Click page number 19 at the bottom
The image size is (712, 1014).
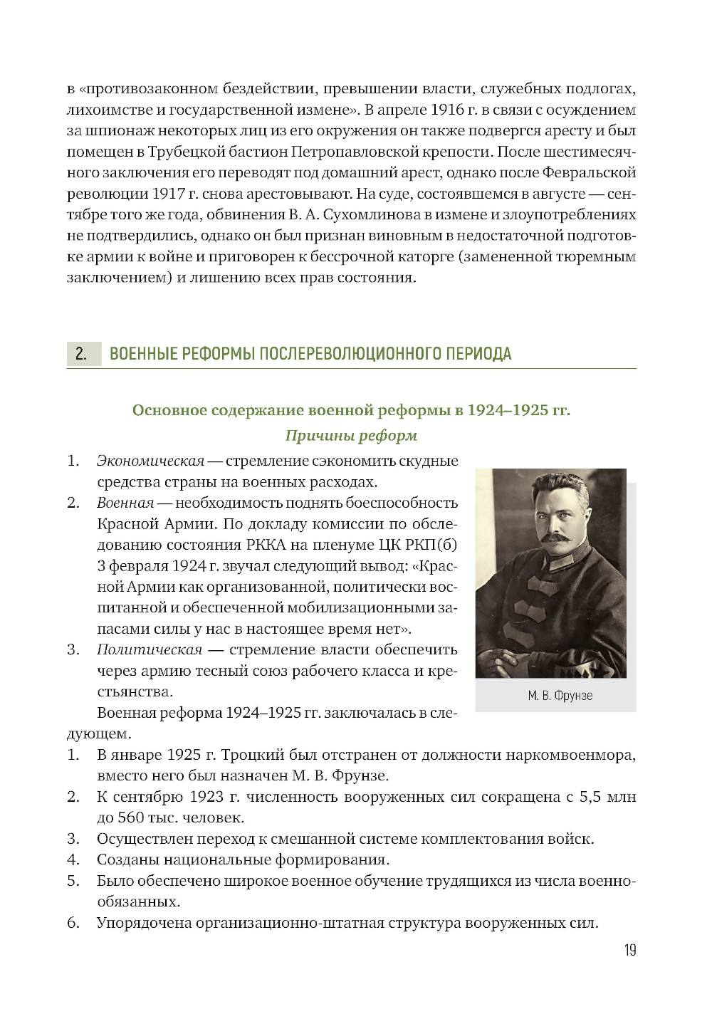629,950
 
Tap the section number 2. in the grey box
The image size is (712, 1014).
81,354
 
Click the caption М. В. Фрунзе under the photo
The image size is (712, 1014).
560,696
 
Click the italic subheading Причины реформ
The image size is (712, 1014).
351,436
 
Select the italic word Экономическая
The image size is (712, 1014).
150,461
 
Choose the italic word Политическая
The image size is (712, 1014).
150,650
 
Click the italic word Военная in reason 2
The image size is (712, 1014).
125,503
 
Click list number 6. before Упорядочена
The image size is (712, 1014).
73,924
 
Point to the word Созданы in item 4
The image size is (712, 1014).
127,860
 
